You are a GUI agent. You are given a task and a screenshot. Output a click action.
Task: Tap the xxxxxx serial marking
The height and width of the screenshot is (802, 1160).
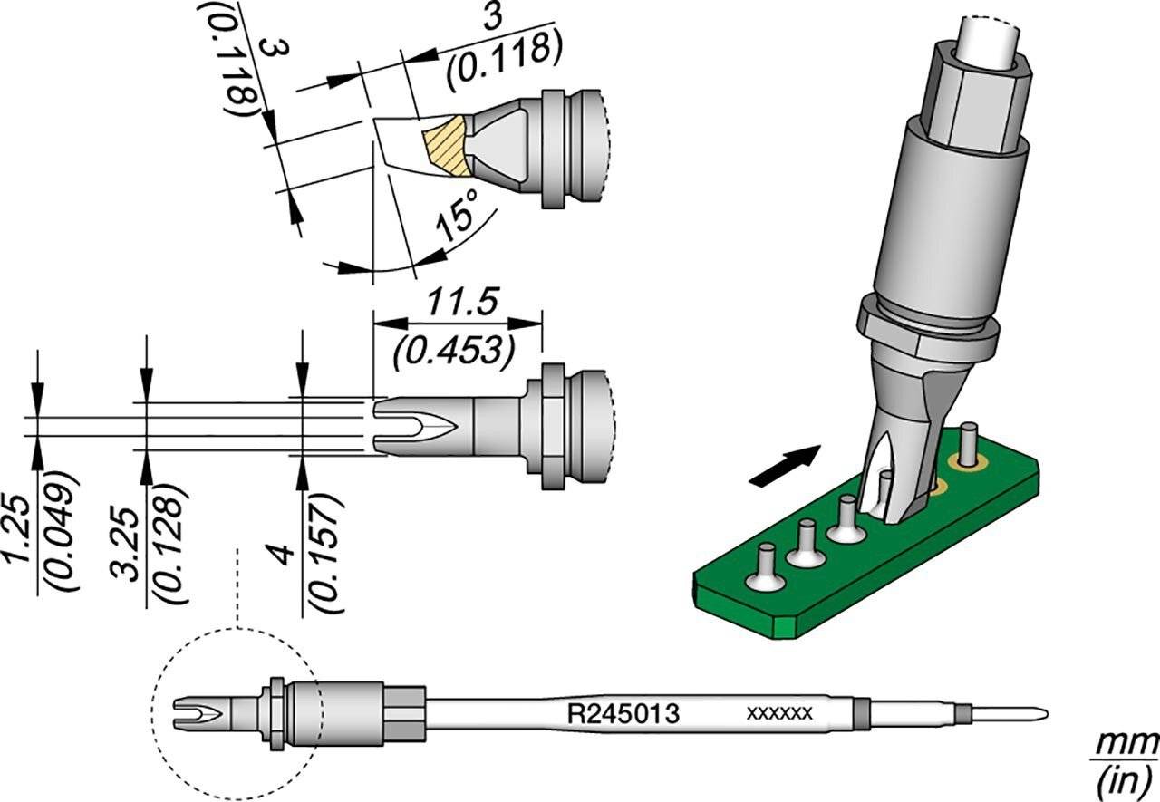point(778,714)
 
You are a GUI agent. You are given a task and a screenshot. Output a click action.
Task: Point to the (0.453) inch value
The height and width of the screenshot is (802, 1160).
point(449,349)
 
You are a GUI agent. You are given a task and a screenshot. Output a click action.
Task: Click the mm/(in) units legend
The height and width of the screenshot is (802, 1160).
point(1126,759)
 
